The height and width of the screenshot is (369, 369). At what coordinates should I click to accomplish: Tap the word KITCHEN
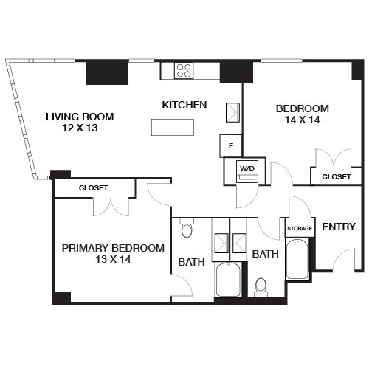point(184,105)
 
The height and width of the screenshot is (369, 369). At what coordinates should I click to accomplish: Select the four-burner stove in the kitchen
point(184,71)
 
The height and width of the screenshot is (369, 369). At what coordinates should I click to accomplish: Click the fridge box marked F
point(231,145)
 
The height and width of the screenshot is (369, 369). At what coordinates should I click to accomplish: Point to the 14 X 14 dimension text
point(302,120)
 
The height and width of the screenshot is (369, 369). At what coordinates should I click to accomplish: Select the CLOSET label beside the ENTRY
point(336,177)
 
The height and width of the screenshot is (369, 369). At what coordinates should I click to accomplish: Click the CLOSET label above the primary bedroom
point(93,188)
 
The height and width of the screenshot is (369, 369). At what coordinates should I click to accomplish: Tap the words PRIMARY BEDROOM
point(113,248)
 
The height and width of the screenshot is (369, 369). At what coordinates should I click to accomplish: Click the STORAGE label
point(300,229)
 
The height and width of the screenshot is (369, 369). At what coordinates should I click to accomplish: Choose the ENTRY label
point(339,227)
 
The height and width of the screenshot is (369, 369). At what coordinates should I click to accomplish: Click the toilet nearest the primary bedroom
point(186,230)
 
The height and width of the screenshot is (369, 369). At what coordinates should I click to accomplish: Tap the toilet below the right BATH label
point(261,285)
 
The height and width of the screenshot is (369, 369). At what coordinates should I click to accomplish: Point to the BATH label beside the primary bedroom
point(191,261)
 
